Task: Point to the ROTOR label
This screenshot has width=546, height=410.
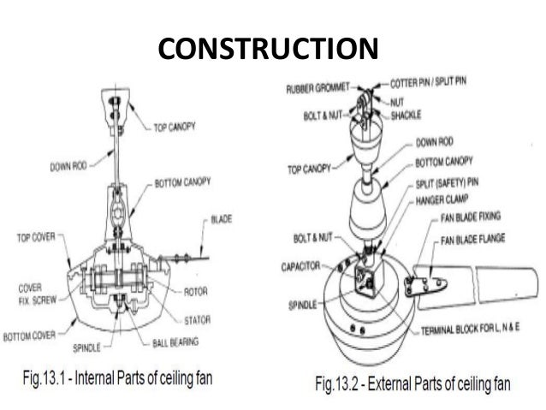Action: [196, 290]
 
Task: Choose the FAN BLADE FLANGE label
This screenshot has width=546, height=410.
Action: [478, 240]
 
